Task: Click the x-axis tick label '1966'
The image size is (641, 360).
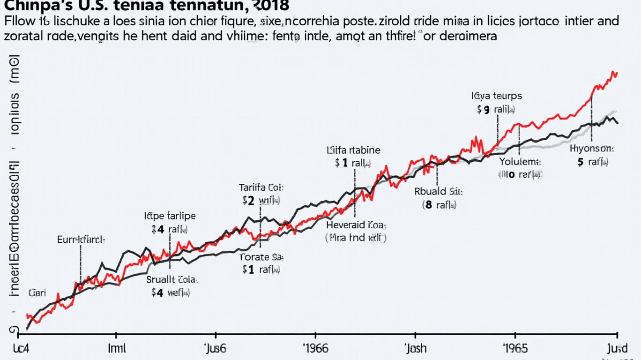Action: (315, 349)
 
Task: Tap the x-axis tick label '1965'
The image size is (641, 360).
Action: (515, 349)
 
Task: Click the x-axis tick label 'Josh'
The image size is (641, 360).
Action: (415, 349)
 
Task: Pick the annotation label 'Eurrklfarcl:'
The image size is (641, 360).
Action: (81, 239)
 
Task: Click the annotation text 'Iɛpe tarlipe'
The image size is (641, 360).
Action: (170, 216)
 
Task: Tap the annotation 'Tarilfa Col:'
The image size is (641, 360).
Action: (261, 187)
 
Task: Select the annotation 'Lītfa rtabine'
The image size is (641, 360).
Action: (353, 150)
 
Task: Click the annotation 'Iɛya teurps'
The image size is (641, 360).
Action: (496, 96)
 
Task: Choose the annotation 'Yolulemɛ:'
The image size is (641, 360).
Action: (520, 162)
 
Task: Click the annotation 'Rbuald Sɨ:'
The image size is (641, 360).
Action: (439, 191)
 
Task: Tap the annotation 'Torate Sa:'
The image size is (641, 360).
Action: (261, 257)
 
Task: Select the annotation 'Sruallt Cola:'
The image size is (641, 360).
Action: (172, 279)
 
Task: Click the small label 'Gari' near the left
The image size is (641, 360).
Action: (37, 293)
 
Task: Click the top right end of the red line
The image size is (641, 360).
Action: (617, 73)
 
